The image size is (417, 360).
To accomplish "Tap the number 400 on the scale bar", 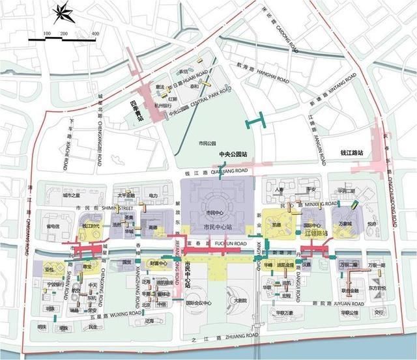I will point(95,33).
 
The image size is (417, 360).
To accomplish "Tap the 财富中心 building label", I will point(160,264).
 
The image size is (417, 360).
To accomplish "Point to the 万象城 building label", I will point(344,224).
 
